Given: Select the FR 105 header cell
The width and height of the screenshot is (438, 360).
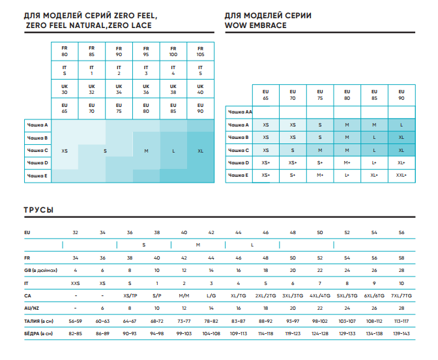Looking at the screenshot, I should pyautogui.click(x=200, y=51).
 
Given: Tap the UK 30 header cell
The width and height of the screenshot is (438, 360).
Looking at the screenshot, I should pyautogui.click(x=65, y=89).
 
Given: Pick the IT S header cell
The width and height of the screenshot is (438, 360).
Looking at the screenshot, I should pyautogui.click(x=65, y=70).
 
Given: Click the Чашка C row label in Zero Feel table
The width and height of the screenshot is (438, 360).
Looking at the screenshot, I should pyautogui.click(x=37, y=150).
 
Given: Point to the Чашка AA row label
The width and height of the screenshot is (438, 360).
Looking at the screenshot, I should pyautogui.click(x=239, y=112).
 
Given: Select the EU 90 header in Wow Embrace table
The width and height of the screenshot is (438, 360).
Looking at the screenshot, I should pyautogui.click(x=401, y=94).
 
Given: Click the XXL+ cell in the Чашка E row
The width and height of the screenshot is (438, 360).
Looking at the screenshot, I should pyautogui.click(x=401, y=175).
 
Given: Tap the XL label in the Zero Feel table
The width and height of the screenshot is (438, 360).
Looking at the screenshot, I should pyautogui.click(x=200, y=151).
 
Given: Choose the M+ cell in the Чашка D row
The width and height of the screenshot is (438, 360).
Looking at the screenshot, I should pyautogui.click(x=347, y=162).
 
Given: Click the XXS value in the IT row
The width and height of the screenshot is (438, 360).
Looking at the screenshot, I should pyautogui.click(x=76, y=283).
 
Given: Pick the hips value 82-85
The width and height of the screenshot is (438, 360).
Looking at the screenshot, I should pyautogui.click(x=76, y=333).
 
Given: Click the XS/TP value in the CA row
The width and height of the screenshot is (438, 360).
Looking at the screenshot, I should pyautogui.click(x=130, y=295).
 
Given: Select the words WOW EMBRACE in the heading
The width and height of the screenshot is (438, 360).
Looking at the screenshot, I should pyautogui.click(x=255, y=25).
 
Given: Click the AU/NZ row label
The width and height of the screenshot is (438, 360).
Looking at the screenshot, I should pyautogui.click(x=32, y=308).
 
